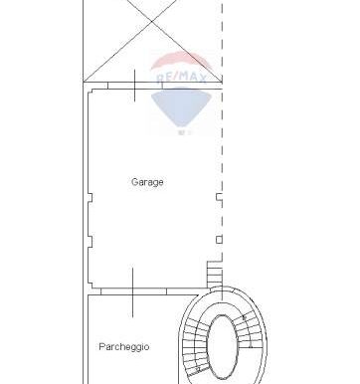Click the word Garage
[x=147, y=182]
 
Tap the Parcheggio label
[x=124, y=347]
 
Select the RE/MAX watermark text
[x=182, y=78]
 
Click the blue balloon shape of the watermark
[x=181, y=106]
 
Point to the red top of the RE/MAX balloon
[x=181, y=60]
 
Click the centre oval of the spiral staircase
[x=223, y=347]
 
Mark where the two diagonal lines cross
[x=152, y=21]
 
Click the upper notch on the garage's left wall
[x=90, y=198]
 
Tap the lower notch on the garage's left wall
[x=90, y=242]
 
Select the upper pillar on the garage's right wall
[x=219, y=197]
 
